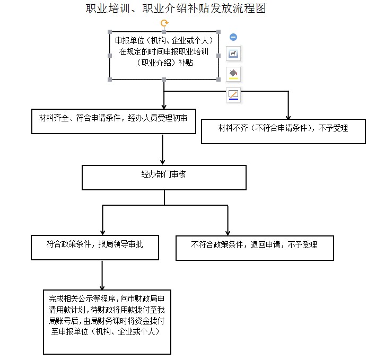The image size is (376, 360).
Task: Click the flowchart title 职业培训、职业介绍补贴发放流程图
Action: [176, 8]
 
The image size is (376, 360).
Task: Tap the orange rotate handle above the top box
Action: [164, 23]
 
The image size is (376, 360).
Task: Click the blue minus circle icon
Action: [233, 37]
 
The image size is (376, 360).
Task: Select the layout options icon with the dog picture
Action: [233, 53]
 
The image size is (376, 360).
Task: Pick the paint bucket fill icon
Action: [233, 74]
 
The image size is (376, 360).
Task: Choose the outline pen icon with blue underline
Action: [233, 95]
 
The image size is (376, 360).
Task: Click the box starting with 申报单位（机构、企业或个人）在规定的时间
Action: [164, 56]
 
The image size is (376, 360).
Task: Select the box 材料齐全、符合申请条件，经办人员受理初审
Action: [113, 121]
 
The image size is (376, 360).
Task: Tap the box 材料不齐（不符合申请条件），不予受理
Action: [283, 131]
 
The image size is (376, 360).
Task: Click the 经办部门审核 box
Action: [164, 178]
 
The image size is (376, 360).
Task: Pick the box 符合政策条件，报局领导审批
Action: [95, 248]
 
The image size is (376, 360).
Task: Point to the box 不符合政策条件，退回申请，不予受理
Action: [255, 248]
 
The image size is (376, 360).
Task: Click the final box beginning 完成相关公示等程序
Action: [107, 322]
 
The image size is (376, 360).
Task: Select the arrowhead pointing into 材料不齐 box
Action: [288, 117]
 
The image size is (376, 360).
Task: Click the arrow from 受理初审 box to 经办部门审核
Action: [163, 150]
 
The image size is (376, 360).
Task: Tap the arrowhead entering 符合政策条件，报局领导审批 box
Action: [103, 233]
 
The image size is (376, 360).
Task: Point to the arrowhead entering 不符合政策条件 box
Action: [228, 233]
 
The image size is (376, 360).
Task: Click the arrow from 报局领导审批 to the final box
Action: [102, 275]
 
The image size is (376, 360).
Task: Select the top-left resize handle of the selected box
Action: [110, 32]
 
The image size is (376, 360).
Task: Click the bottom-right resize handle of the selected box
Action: [218, 80]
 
